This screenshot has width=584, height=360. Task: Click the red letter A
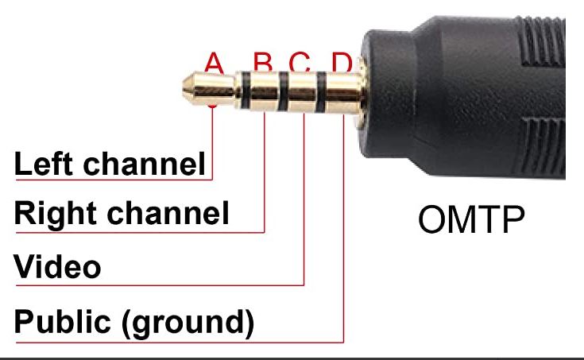(214, 63)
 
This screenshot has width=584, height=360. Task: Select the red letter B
(263, 62)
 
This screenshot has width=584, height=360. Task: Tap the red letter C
(300, 62)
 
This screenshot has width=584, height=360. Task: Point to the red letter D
(342, 62)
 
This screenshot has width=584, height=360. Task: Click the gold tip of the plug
(208, 89)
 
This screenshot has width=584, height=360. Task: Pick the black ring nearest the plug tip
(246, 91)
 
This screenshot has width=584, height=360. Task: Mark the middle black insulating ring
(283, 91)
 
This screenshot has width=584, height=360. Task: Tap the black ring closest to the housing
(321, 92)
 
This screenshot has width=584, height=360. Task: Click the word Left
(43, 164)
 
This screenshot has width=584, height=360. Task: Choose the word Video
(57, 266)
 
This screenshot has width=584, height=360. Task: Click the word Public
(62, 321)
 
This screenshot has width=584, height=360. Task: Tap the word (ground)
(188, 323)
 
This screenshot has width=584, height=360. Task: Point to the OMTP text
(471, 219)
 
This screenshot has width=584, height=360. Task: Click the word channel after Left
(144, 164)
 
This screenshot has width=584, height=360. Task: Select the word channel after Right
(168, 213)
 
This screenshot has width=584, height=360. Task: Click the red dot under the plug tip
(212, 106)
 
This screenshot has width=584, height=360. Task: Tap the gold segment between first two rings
(265, 91)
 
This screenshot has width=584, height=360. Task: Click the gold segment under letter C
(302, 92)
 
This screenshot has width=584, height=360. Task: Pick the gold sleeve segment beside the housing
(343, 93)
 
